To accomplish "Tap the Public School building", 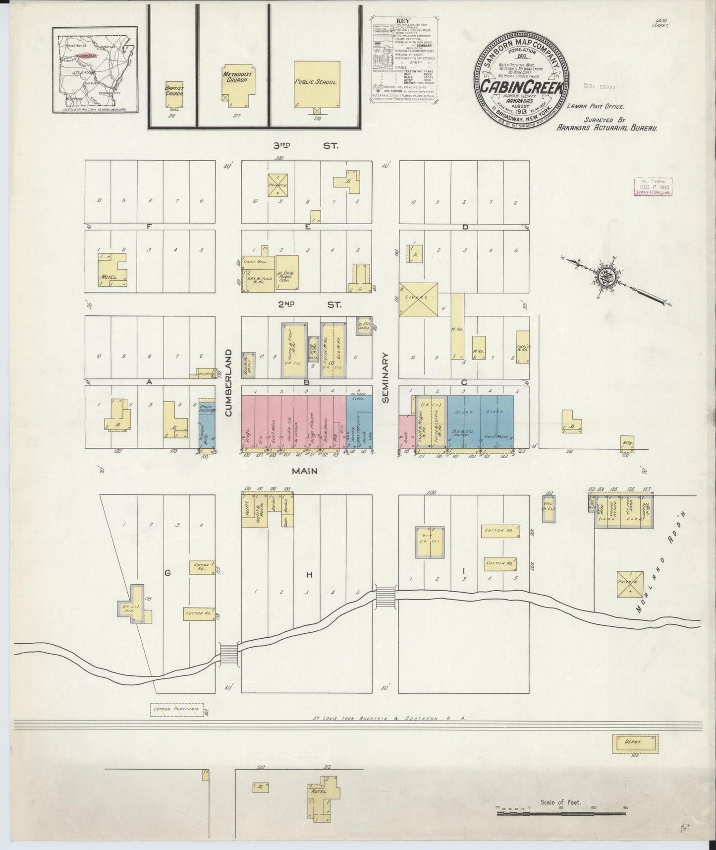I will point(317,83).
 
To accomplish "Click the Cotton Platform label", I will point(178,710).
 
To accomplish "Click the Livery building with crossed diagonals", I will point(419,300).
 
